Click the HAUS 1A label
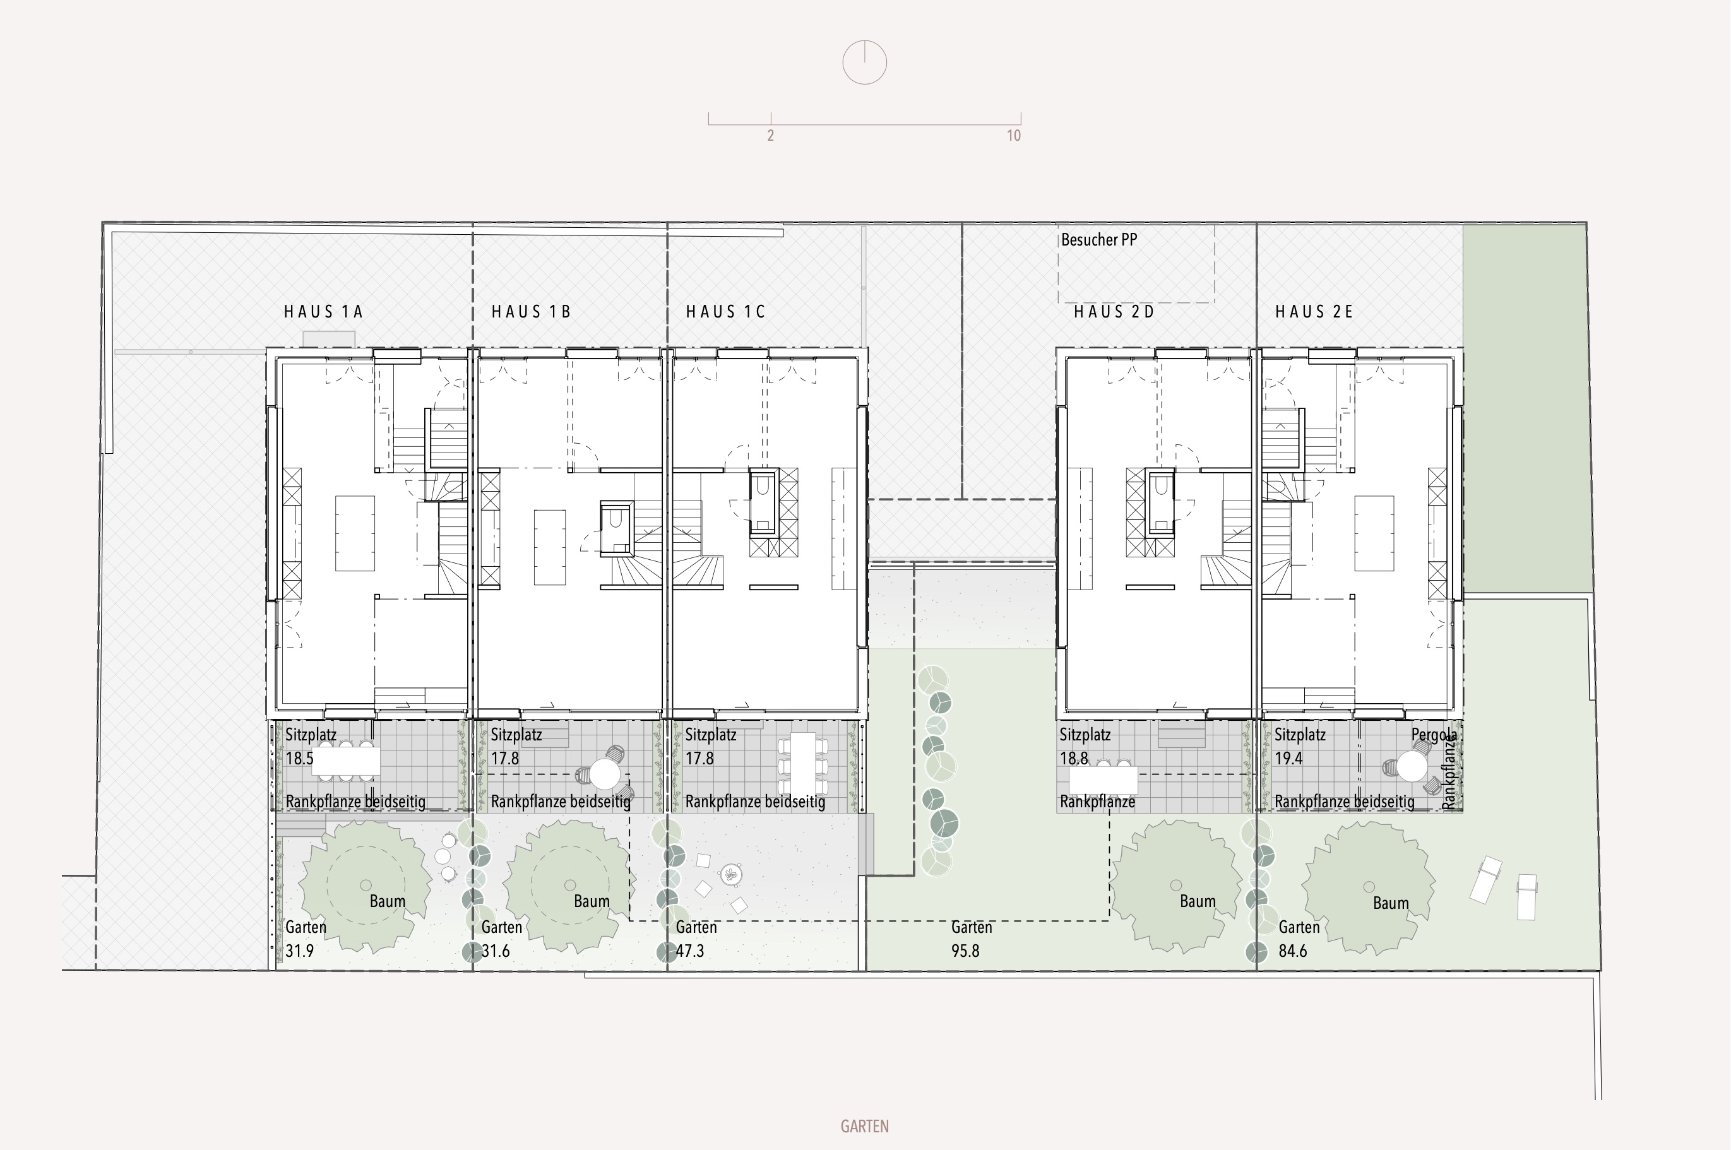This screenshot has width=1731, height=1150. point(323,312)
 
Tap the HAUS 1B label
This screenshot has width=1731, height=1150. point(531,312)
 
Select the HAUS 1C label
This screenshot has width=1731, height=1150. point(725,312)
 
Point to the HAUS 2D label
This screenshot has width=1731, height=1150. point(1114,312)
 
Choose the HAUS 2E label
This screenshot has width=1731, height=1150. point(1314,312)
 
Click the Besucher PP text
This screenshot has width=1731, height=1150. point(1098,240)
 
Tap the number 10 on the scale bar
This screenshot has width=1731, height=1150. point(1014,136)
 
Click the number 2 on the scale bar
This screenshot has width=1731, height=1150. point(770,136)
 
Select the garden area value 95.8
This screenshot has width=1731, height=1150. point(965,951)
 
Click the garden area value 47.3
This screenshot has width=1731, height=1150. point(689,951)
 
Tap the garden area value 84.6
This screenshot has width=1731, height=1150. point(1292,951)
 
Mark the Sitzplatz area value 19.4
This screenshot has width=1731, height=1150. point(1288,758)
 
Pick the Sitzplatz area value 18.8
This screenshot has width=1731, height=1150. point(1074,758)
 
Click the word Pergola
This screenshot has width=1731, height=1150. point(1434,735)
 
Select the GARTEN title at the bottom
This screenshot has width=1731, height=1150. point(865,1127)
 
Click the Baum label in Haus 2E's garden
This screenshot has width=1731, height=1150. point(1391,904)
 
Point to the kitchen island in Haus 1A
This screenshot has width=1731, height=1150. point(355,533)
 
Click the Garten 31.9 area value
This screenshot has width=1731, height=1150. point(299,951)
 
